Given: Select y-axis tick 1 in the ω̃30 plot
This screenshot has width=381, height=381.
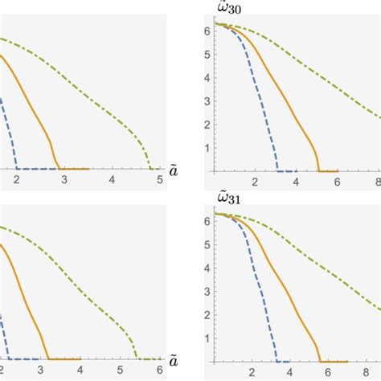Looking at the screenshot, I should point(207,148).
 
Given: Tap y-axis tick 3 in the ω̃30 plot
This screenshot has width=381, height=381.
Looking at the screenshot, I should point(207,102).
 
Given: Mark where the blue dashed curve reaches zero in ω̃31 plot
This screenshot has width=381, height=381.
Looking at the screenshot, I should point(278,360).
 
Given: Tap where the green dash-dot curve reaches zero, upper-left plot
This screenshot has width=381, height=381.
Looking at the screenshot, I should point(151,169).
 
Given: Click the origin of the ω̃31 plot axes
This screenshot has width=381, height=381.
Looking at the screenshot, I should point(213,360).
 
